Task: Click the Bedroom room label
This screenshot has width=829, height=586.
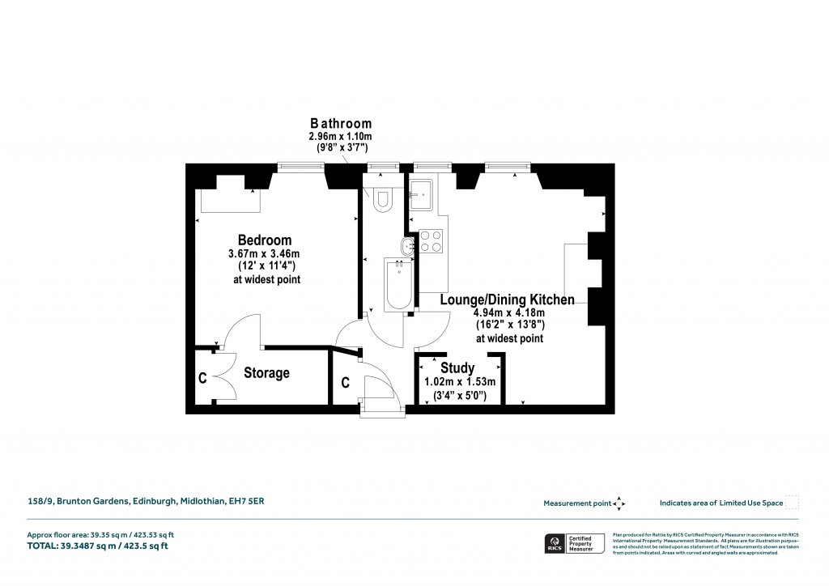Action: (x=264, y=240)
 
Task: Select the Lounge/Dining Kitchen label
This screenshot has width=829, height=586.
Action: (x=507, y=300)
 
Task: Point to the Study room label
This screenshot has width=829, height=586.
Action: (x=457, y=369)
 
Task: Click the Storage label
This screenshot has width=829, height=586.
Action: (x=266, y=373)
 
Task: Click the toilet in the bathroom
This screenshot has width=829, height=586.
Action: (x=381, y=198)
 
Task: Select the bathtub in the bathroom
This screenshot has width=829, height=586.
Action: (x=398, y=284)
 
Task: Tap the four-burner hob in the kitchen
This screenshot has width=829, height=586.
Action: (x=431, y=240)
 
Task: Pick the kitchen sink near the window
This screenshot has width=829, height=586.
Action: (x=421, y=194)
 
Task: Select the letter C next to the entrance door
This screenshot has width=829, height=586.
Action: (x=345, y=383)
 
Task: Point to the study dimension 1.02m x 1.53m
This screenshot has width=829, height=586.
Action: (x=459, y=382)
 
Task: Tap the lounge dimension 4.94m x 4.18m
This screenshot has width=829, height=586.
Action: (x=509, y=313)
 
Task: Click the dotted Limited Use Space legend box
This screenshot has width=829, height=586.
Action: (x=793, y=503)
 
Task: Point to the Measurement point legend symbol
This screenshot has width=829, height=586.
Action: (x=619, y=503)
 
